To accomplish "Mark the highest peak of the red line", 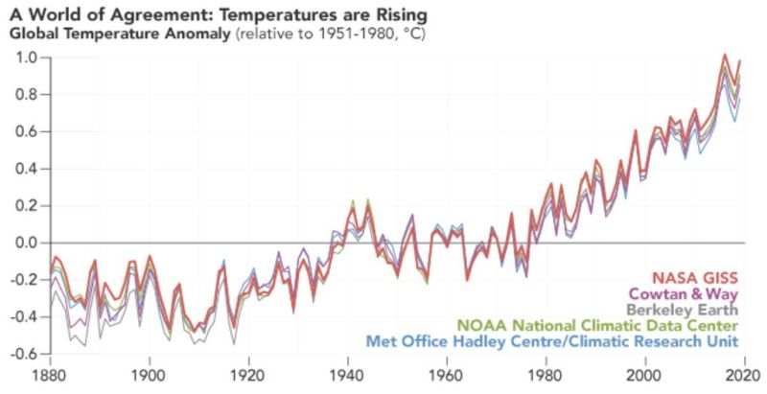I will pyautogui.click(x=725, y=55).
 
